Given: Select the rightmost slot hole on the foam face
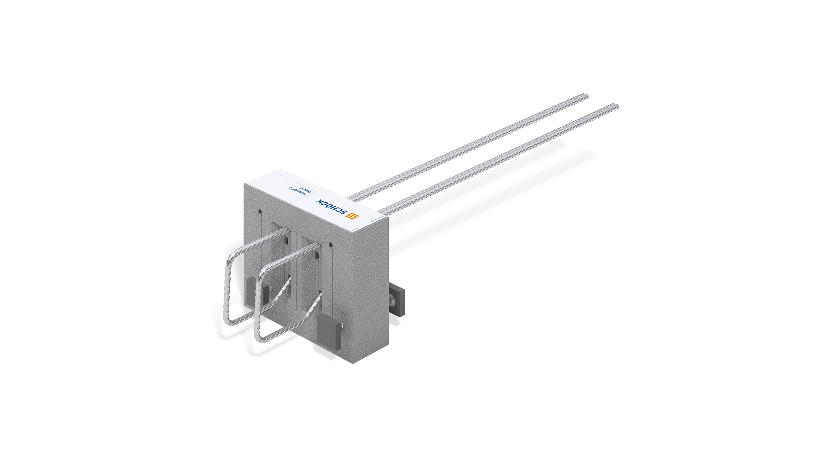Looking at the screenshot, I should (x=330, y=246).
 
